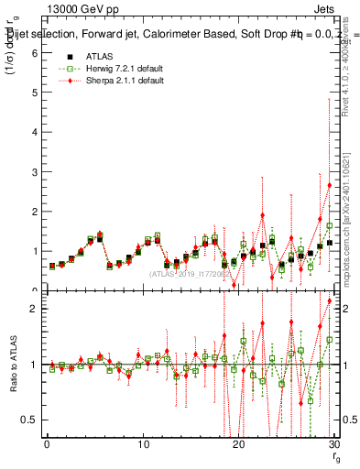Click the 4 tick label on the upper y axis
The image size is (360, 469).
(33, 132)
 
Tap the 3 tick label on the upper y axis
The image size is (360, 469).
(33, 171)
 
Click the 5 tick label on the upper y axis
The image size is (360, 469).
(33, 93)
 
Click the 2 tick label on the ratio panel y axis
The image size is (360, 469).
(32, 309)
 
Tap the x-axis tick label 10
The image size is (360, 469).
(142, 445)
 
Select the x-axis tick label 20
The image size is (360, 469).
(238, 445)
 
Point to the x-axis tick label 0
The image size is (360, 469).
(47, 445)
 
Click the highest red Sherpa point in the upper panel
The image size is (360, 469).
(329, 185)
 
